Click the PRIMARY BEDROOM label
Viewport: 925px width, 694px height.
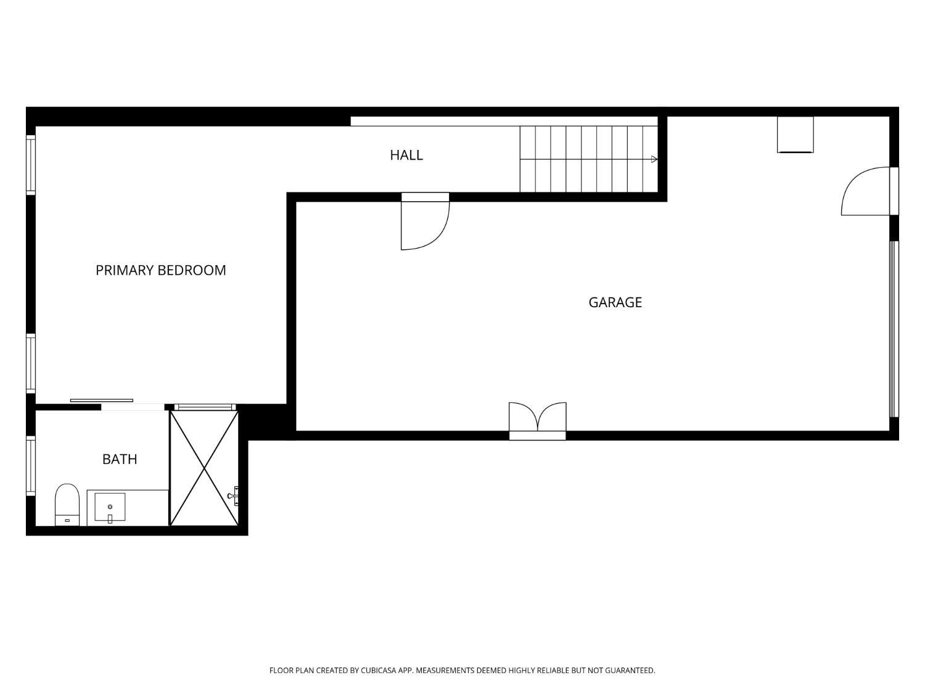tap(160, 270)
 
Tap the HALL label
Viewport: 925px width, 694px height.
tap(406, 155)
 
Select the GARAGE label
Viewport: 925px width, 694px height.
tap(615, 302)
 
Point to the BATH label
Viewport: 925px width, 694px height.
tap(120, 459)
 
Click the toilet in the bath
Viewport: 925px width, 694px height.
tap(67, 505)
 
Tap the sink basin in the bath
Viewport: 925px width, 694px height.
tap(110, 507)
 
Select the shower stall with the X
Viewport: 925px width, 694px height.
tap(204, 468)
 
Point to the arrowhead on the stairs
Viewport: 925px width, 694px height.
tap(654, 159)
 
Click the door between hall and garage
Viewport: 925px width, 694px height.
tap(425, 221)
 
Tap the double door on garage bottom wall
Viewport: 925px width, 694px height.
tap(537, 421)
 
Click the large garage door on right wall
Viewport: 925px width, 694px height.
tap(894, 329)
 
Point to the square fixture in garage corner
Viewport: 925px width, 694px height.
tap(795, 134)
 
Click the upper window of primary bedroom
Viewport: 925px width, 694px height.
tap(31, 165)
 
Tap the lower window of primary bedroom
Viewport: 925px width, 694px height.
tap(31, 363)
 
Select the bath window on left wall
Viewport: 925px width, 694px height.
tap(31, 466)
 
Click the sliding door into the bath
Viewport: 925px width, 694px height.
tap(102, 400)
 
